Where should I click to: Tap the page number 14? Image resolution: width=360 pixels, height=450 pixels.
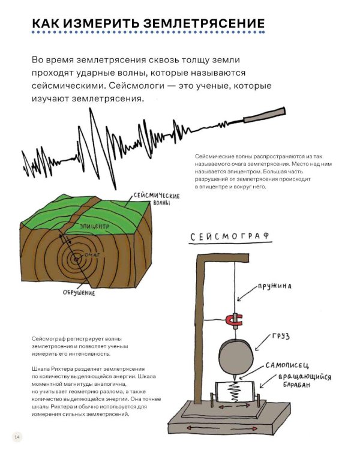point(17,436)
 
